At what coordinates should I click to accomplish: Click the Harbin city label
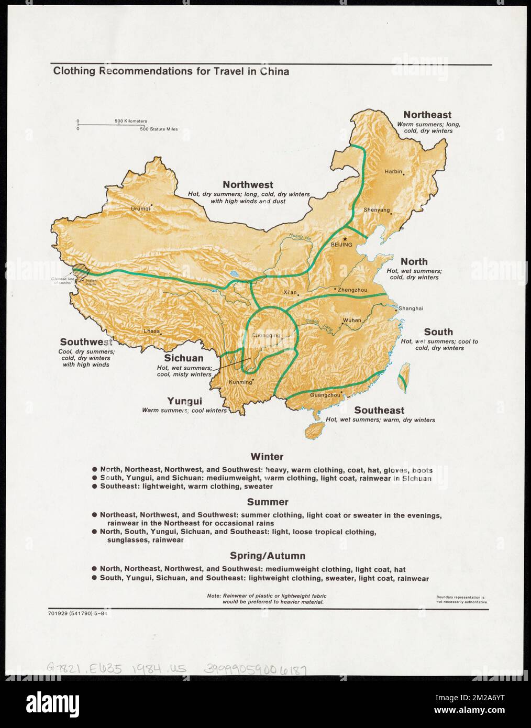pos(393,171)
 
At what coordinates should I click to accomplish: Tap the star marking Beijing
pos(345,239)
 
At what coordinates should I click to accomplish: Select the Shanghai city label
pos(411,308)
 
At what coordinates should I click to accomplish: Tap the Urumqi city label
pos(140,208)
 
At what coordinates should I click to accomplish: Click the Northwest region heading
pos(248,184)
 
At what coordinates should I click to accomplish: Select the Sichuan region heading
pos(184,358)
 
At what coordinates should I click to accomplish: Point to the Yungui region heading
pos(184,401)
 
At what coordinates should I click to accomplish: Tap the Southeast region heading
pos(379,410)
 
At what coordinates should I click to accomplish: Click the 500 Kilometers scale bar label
pos(131,121)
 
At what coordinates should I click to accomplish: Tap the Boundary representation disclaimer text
pos(462,600)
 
